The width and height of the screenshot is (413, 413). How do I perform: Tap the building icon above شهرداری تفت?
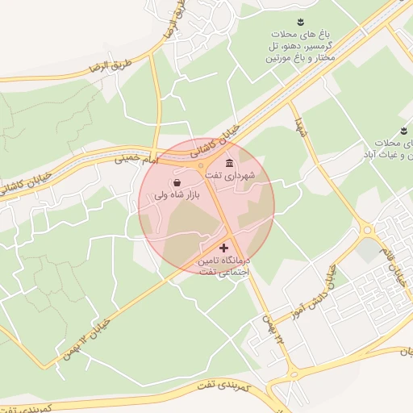(x=230, y=163)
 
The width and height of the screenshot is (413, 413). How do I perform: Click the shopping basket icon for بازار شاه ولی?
(x=177, y=183)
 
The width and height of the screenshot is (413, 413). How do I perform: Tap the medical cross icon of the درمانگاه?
(x=224, y=247)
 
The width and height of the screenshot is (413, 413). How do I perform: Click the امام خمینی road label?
(x=134, y=157)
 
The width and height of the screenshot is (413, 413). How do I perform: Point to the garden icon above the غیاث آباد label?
(x=403, y=131)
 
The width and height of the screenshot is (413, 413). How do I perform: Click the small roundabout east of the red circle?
(x=367, y=232)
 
